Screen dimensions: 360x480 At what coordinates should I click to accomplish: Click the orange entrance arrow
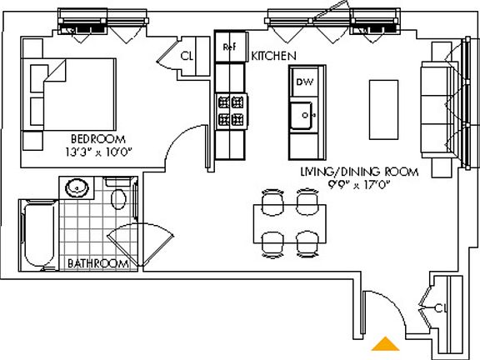point(384,343)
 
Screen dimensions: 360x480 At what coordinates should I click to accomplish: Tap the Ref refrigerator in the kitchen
point(228,47)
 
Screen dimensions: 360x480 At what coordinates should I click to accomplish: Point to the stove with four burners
point(231,111)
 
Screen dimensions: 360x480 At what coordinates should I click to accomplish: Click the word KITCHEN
point(274,55)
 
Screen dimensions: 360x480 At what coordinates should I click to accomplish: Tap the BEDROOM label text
point(97,138)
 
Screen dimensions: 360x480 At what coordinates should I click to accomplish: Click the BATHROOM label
point(97,263)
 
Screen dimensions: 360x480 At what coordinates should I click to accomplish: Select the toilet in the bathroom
point(119,197)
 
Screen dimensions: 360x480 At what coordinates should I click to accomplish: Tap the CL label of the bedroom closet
point(187,57)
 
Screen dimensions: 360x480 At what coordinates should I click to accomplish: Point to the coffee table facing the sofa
point(383,109)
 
